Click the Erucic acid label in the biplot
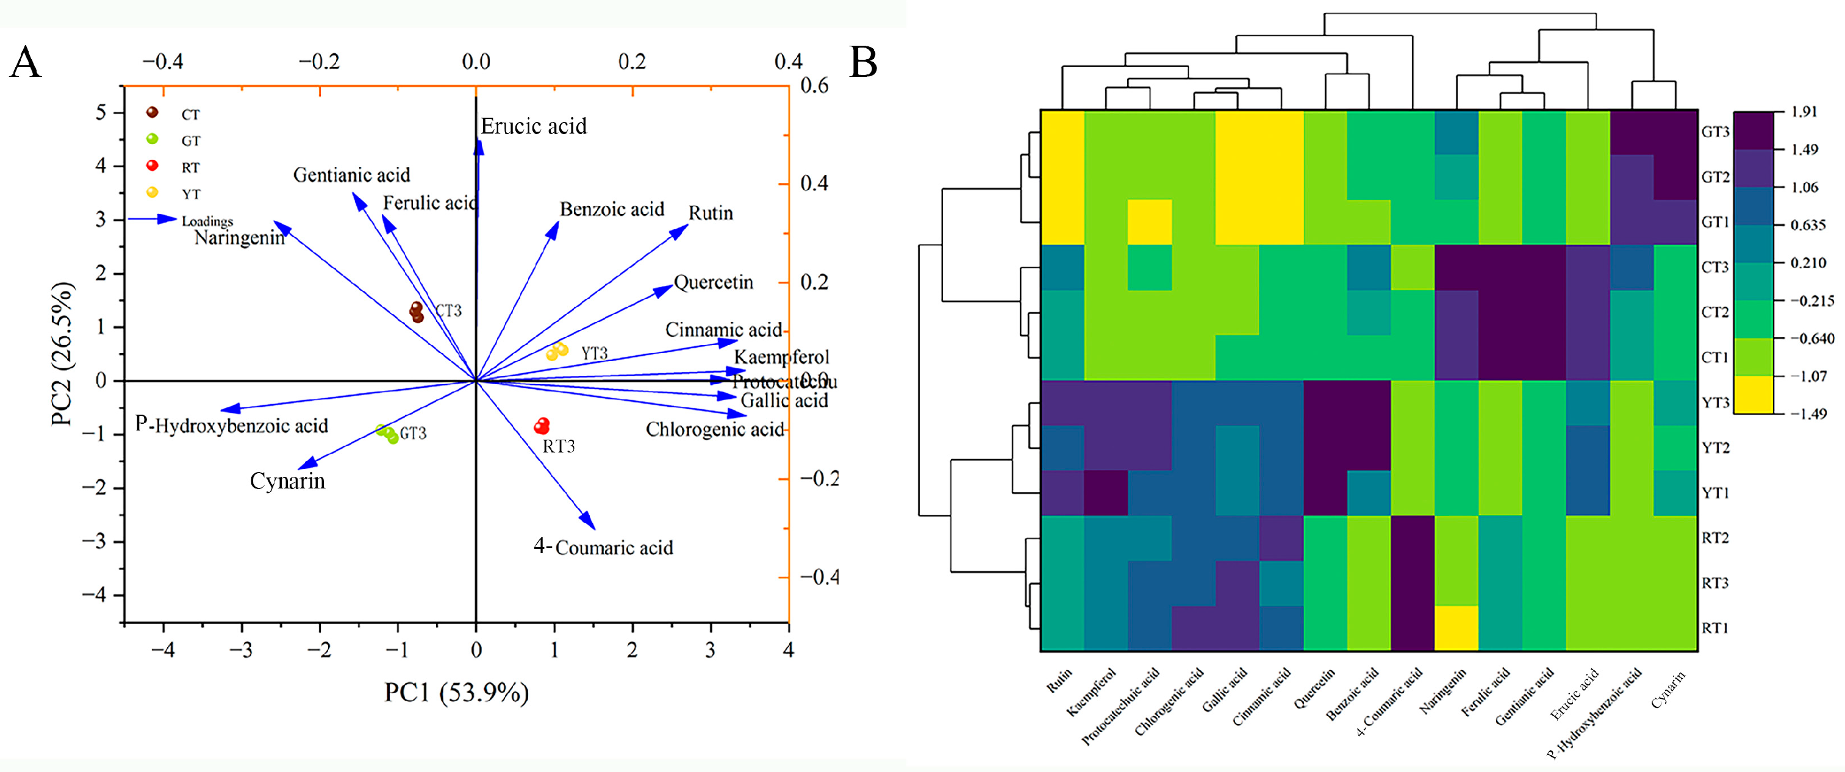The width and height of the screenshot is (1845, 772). tap(533, 127)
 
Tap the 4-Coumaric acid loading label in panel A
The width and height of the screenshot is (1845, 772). tap(603, 547)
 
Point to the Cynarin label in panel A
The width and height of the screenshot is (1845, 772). tap(287, 481)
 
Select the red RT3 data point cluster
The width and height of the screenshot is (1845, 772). tap(542, 426)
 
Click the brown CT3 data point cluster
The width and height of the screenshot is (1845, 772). tap(417, 312)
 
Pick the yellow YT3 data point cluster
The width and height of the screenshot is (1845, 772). tap(557, 352)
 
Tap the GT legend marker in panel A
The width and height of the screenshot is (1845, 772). tap(152, 140)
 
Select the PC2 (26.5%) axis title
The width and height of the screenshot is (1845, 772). tap(63, 354)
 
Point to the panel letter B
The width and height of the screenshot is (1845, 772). tap(863, 62)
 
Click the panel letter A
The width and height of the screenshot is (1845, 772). tap(25, 62)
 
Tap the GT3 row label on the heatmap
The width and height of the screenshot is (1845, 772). tap(1715, 132)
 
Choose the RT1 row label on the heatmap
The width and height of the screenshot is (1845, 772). tap(1715, 628)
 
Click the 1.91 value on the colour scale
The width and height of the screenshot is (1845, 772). tap(1804, 111)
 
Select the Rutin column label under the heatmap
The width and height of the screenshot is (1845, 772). tap(1059, 680)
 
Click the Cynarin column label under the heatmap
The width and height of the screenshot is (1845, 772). tap(1668, 688)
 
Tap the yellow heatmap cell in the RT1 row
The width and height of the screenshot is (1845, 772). tap(1456, 628)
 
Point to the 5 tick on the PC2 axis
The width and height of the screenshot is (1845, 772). tap(101, 112)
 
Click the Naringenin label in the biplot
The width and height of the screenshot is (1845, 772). tap(239, 238)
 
